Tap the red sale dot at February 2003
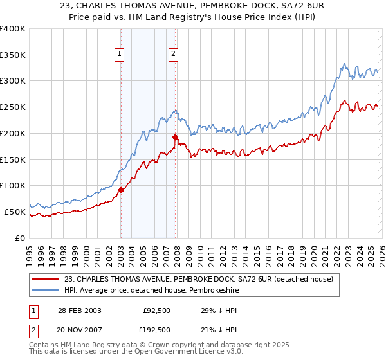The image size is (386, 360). coord(121,190)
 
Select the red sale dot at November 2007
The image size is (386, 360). coord(175,137)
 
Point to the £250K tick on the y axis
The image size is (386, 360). coord(13,107)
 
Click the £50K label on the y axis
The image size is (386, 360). coord(15,212)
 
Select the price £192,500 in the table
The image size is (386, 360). coord(156,330)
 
